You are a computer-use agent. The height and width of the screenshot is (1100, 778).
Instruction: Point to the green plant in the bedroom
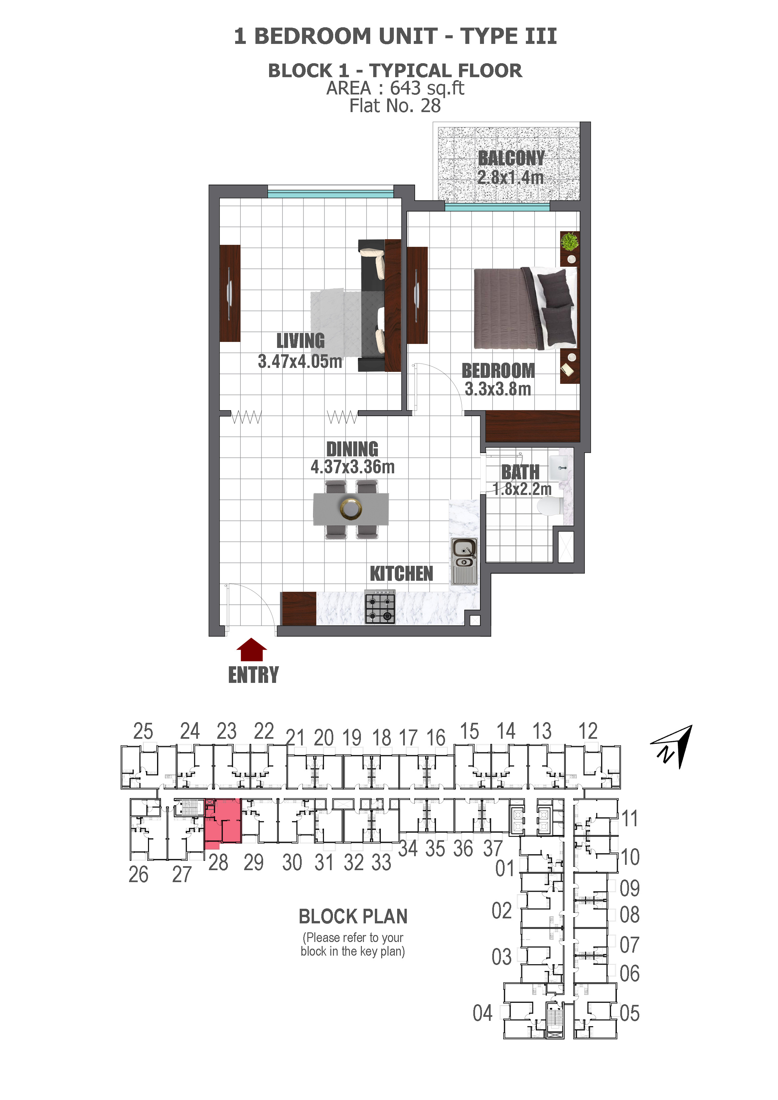tap(569, 241)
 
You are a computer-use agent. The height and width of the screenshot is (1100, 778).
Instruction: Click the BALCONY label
tap(511, 158)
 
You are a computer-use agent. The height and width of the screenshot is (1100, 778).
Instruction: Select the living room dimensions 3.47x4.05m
tap(300, 361)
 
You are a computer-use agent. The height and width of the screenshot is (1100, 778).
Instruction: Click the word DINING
tap(352, 449)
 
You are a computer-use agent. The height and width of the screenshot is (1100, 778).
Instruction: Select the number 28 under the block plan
tap(218, 863)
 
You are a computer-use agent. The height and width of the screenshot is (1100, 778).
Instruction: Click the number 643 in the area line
tap(405, 88)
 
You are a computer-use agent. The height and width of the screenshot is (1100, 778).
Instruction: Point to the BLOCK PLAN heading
tap(353, 916)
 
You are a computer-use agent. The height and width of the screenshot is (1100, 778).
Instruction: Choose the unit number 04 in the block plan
tap(482, 1013)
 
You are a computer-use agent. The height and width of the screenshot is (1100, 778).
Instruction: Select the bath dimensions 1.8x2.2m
tap(522, 489)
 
